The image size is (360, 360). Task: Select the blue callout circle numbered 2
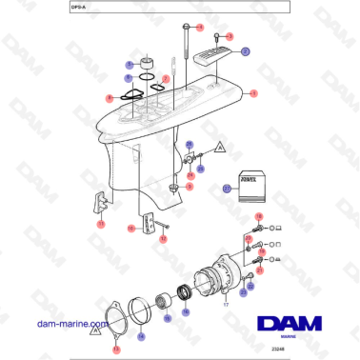pyautogui.click(x=245, y=50)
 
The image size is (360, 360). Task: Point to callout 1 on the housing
pyautogui.click(x=254, y=93)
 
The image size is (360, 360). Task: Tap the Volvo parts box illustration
pyautogui.click(x=249, y=187)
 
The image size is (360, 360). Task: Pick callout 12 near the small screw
pyautogui.click(x=163, y=239)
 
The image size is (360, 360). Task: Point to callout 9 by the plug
pyautogui.click(x=189, y=187)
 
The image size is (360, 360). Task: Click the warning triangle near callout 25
pyautogui.click(x=218, y=149)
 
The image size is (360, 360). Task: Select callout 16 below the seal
pyautogui.click(x=187, y=311)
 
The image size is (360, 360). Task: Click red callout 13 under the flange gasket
pyautogui.click(x=116, y=350)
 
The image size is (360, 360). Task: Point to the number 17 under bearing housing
pyautogui.click(x=226, y=305)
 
